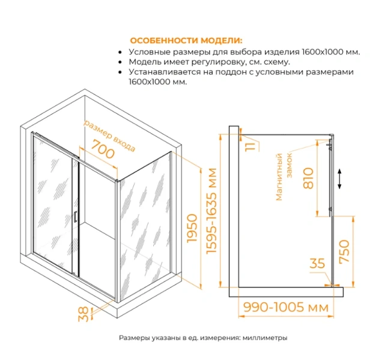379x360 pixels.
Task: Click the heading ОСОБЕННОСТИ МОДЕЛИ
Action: (x=187, y=41)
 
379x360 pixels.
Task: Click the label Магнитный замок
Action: (x=283, y=177)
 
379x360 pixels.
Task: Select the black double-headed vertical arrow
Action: (x=340, y=179)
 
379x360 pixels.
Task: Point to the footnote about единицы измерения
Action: (x=204, y=338)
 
